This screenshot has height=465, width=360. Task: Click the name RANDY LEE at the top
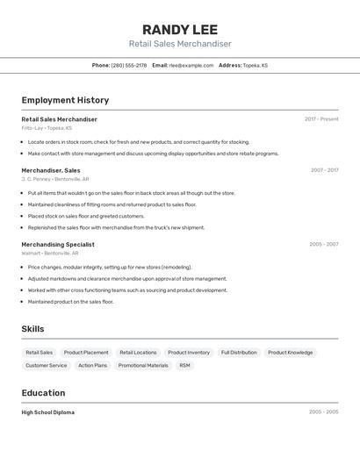[179, 29]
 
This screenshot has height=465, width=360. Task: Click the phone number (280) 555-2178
[129, 65]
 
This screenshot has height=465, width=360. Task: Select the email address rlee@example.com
[191, 65]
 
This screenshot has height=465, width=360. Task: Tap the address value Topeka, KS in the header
[256, 65]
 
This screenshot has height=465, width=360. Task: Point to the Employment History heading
[65, 100]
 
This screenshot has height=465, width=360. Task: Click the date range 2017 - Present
[321, 119]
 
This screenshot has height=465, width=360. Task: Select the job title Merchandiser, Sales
[51, 170]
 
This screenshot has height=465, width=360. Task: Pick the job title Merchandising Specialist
[58, 245]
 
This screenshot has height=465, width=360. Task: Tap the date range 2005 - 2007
[323, 245]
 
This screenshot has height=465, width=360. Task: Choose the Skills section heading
[32, 329]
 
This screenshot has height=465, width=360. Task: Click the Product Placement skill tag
[86, 353]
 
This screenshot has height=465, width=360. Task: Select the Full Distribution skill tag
[239, 353]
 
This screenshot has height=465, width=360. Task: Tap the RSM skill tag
[184, 365]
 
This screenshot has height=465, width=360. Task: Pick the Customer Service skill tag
[47, 365]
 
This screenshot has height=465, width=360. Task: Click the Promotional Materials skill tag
[143, 365]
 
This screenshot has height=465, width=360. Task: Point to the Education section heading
[43, 393]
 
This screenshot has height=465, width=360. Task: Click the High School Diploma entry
[48, 412]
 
